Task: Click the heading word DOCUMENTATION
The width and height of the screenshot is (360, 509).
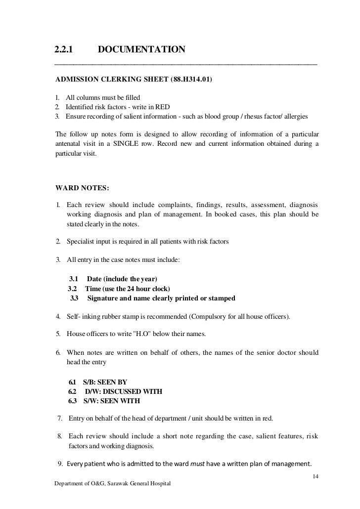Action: coord(141,50)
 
